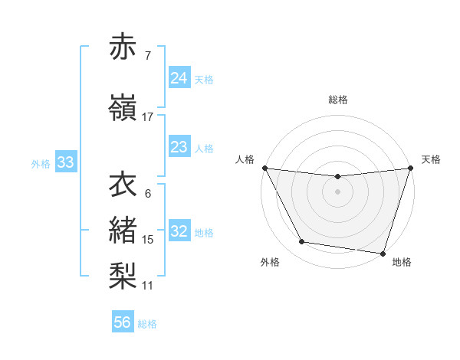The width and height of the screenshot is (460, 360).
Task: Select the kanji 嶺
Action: click(x=123, y=106)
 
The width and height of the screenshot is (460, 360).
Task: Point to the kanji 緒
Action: click(x=123, y=230)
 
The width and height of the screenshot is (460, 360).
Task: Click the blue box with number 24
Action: click(x=179, y=78)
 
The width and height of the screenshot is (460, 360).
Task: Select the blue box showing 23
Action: click(x=179, y=147)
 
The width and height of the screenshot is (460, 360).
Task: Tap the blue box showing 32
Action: click(x=179, y=232)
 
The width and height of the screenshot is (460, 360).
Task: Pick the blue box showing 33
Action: click(x=65, y=162)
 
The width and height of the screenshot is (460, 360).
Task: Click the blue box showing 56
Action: click(x=123, y=322)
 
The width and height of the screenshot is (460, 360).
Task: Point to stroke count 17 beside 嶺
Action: click(x=148, y=117)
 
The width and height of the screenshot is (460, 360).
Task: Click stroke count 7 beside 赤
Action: click(x=148, y=55)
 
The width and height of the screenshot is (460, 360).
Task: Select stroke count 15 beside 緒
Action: click(x=148, y=240)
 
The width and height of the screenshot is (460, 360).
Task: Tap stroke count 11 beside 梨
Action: click(x=148, y=286)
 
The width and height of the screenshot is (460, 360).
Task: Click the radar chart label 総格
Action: click(x=337, y=100)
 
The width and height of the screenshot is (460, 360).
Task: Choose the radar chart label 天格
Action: click(x=431, y=159)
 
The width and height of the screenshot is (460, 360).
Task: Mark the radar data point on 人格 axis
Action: click(x=264, y=168)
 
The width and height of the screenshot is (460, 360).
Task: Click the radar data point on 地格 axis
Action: click(x=383, y=253)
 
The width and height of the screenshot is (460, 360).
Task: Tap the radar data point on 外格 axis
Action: click(x=301, y=242)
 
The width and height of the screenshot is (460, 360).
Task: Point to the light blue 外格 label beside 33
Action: click(x=40, y=163)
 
